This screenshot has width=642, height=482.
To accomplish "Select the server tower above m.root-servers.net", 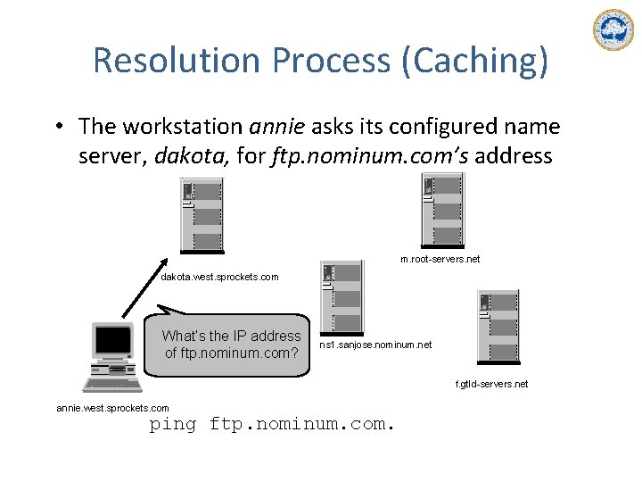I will tap(442, 212).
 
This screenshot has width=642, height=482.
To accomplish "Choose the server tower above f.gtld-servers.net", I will tap(498, 326).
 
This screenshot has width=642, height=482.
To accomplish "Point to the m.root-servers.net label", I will tap(440, 259).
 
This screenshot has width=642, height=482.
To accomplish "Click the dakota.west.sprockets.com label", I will tap(219, 277).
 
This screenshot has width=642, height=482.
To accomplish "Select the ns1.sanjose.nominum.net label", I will tap(374, 343).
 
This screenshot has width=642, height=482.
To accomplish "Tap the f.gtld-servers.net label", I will tap(492, 384).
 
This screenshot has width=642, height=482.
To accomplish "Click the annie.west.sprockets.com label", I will tap(112, 408).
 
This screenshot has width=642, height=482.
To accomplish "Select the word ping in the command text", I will tap(172, 424).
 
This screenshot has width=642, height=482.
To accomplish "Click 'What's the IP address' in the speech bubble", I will tap(231, 336).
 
